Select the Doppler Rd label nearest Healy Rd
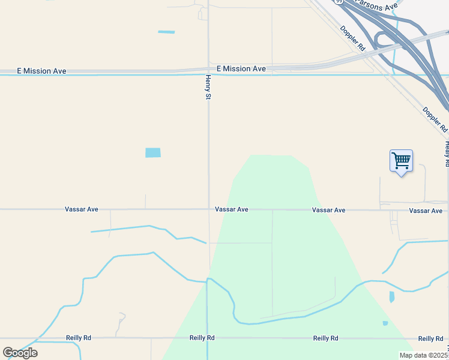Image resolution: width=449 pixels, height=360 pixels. coord(435,119)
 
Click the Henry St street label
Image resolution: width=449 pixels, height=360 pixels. coord(208,87)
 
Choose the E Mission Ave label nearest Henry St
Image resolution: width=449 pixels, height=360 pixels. coord(241,69)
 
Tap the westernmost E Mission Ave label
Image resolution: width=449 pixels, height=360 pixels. coord(41,71)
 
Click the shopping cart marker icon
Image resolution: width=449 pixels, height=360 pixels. coord(401,161)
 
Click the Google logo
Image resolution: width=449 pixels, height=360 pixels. coord(20,352)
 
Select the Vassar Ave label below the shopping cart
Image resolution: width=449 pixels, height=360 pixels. coord(426,211)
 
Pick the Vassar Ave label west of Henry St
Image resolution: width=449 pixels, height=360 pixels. coord(82,209)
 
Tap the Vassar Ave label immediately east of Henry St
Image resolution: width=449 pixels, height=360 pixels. coord(232,209)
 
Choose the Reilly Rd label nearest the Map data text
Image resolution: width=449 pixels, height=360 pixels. coord(430,339)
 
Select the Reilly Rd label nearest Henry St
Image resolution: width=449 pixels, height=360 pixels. coord(202,338)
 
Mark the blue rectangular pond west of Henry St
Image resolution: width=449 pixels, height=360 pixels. coord(153,152)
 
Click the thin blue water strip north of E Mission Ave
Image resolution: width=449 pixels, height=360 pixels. coord(166,32)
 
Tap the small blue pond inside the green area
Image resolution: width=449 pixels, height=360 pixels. coord(385,323)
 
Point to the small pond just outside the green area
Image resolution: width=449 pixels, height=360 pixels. coord(392,296)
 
